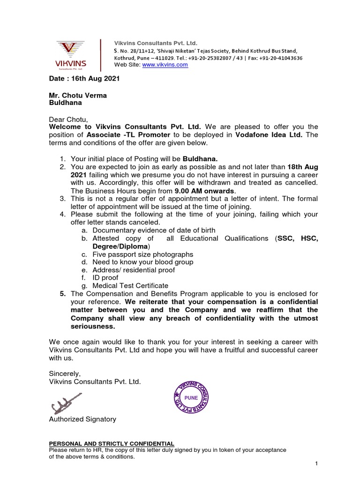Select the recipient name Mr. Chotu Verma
78,95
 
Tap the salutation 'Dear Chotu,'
68,119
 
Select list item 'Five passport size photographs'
142,255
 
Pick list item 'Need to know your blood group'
142,262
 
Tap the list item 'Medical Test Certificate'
130,285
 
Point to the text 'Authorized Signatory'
82,419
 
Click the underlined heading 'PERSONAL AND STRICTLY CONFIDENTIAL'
112,443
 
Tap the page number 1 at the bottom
316,464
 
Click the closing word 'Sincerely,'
65,374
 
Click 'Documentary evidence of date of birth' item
154,230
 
